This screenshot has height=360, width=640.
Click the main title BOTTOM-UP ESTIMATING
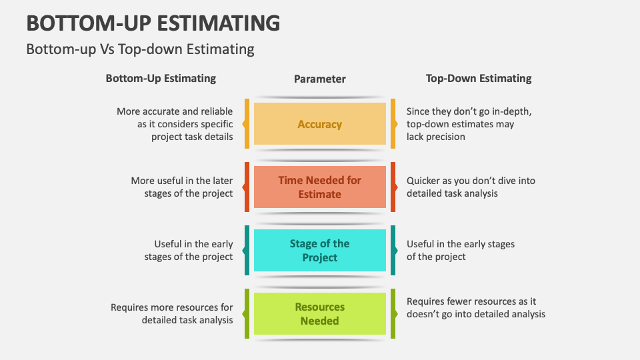tap(153, 23)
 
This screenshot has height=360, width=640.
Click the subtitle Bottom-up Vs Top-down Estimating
tap(140, 49)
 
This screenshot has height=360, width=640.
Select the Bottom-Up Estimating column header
tap(161, 78)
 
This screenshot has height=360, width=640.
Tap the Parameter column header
tap(320, 79)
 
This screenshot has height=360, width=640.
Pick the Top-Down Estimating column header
tap(479, 78)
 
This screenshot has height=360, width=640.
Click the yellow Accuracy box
tap(320, 124)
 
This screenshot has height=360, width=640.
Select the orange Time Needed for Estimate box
tap(320, 187)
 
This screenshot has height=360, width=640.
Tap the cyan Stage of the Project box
tap(320, 251)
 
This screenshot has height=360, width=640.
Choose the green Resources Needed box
tap(320, 314)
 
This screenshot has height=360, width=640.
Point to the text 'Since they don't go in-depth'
tap(469, 111)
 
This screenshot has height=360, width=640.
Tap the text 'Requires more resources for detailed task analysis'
tap(172, 314)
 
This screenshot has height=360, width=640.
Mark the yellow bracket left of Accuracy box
tap(247, 124)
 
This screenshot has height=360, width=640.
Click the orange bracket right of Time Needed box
tap(393, 187)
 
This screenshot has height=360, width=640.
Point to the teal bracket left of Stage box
tap(247, 251)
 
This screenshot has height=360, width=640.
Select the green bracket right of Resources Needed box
tap(393, 314)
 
